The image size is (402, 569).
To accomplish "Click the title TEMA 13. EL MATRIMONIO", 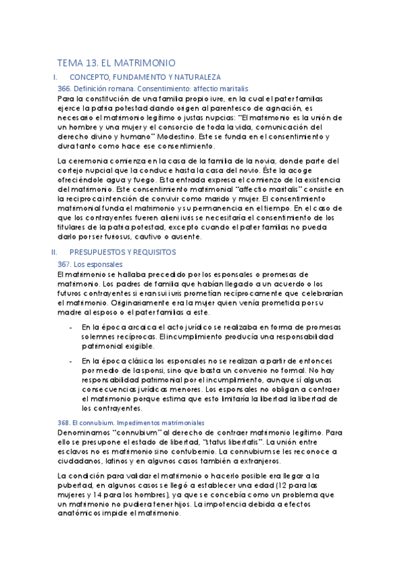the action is [116, 62].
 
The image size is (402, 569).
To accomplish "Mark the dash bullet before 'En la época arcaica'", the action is [72, 327].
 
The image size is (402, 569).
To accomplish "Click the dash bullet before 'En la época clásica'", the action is [72, 361].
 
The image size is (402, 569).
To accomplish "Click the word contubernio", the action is [186, 451].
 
